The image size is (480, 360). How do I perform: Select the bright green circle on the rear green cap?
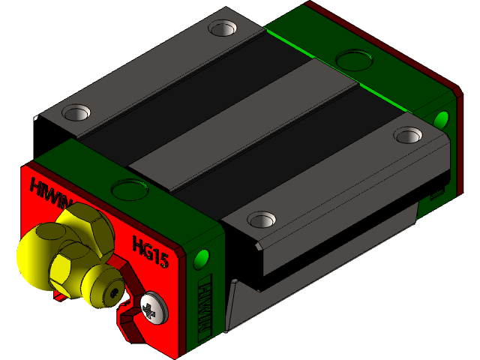pos(441,118)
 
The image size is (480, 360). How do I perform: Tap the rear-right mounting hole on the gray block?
pos(408,135)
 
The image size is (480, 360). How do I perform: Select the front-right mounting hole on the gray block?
pos(260,219)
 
